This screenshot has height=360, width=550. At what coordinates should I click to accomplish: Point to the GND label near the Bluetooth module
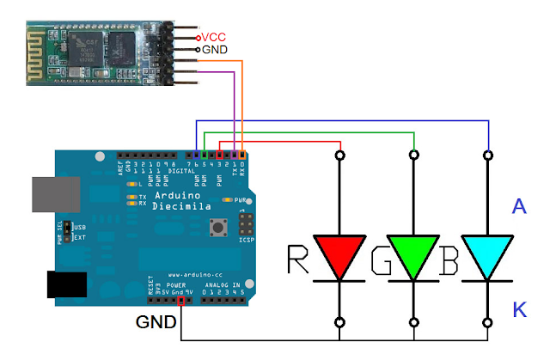(x=216, y=50)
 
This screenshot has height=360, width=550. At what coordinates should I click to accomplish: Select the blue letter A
(x=518, y=206)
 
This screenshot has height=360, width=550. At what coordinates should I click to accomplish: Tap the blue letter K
(x=519, y=309)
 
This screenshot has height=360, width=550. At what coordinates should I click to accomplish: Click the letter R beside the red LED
(x=297, y=259)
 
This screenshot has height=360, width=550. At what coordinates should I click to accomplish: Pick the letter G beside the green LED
(x=377, y=259)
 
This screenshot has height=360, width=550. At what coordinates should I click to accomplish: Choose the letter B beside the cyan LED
(x=449, y=259)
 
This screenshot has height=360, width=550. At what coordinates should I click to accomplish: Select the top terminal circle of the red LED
(x=340, y=156)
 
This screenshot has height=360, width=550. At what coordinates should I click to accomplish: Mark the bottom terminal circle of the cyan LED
(x=488, y=323)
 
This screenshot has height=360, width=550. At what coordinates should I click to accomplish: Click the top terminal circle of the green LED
(x=414, y=156)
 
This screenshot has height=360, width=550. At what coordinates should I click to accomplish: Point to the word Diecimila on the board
(x=177, y=208)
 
